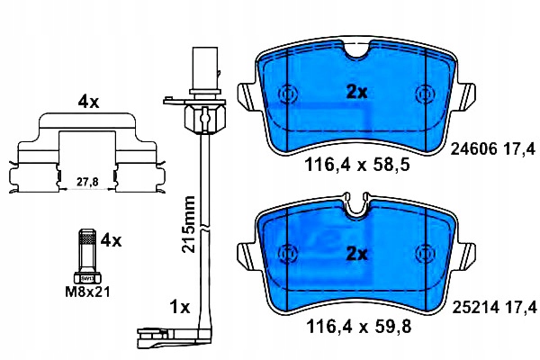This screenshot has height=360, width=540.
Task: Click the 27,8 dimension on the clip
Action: (87, 182)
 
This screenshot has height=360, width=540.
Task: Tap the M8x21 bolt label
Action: (88, 292)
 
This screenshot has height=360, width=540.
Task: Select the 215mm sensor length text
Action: (189, 225)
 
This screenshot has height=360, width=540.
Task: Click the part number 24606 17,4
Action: (493, 149)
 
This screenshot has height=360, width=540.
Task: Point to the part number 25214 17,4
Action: (494, 308)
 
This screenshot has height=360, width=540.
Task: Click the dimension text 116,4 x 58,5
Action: (357, 165)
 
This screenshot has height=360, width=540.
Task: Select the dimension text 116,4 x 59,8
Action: (358, 327)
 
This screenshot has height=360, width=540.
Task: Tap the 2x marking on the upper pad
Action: (356, 92)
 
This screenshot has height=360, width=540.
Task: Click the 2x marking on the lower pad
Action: (356, 254)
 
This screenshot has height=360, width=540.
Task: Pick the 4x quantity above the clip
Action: (88, 102)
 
